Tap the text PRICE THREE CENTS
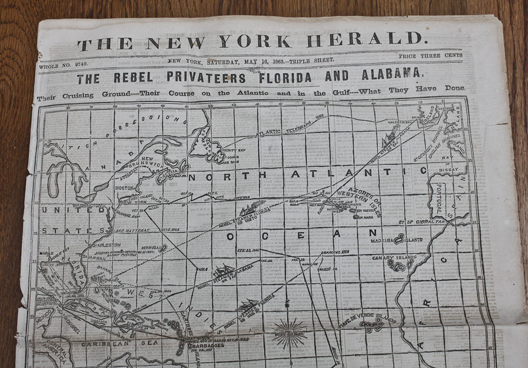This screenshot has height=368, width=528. (x=430, y=56)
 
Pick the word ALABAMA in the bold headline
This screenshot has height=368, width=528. (x=391, y=74)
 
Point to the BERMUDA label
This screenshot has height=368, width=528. (x=151, y=248)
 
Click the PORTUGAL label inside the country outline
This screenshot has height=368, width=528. (x=437, y=200)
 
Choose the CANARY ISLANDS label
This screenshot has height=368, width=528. (x=394, y=257)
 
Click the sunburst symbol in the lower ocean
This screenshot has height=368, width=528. (x=290, y=333)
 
